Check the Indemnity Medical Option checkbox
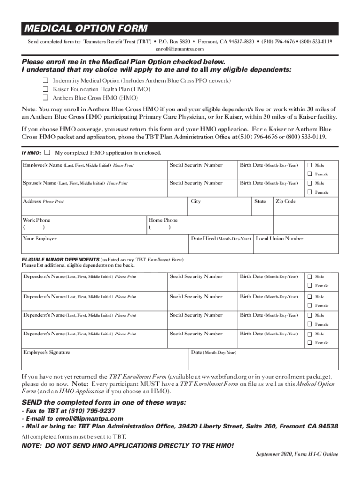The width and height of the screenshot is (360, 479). pyautogui.click(x=46, y=81)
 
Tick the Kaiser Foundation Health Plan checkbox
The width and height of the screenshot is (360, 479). pyautogui.click(x=46, y=89)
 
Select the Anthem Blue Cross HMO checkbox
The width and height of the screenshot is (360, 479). pyautogui.click(x=46, y=98)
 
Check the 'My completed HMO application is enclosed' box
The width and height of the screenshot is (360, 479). pyautogui.click(x=47, y=153)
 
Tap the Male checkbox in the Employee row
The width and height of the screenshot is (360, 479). pyautogui.click(x=309, y=165)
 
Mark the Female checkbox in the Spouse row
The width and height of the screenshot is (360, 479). pyautogui.click(x=309, y=192)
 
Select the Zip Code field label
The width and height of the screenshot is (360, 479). pyautogui.click(x=285, y=201)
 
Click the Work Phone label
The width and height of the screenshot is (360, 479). pyautogui.click(x=36, y=220)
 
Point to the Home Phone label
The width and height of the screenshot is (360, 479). pyautogui.click(x=163, y=220)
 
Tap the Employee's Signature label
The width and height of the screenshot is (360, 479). pyautogui.click(x=47, y=352)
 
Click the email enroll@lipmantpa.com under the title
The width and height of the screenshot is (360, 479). pyautogui.click(x=180, y=49)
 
